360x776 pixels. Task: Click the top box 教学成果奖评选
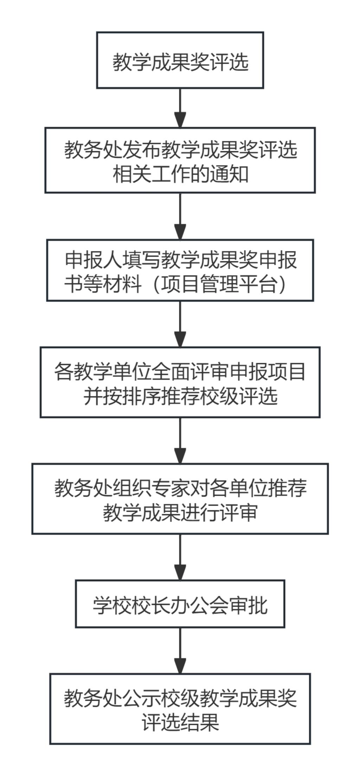point(180,60)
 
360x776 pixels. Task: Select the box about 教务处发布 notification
point(180,160)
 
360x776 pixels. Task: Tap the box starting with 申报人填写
point(180,270)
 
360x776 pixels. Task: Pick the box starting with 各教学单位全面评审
point(180,382)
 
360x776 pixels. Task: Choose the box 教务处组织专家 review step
point(180,499)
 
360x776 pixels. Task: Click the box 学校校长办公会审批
point(180,604)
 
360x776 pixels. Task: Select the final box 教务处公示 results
point(180,708)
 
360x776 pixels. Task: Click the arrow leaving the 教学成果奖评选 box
point(180,108)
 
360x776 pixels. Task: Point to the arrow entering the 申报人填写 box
point(180,216)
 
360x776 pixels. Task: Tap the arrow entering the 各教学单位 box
point(180,324)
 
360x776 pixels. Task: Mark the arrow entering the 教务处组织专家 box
point(180,441)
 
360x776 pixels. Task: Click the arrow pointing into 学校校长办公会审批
point(180,557)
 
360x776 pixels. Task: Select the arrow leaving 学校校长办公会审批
point(180,650)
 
